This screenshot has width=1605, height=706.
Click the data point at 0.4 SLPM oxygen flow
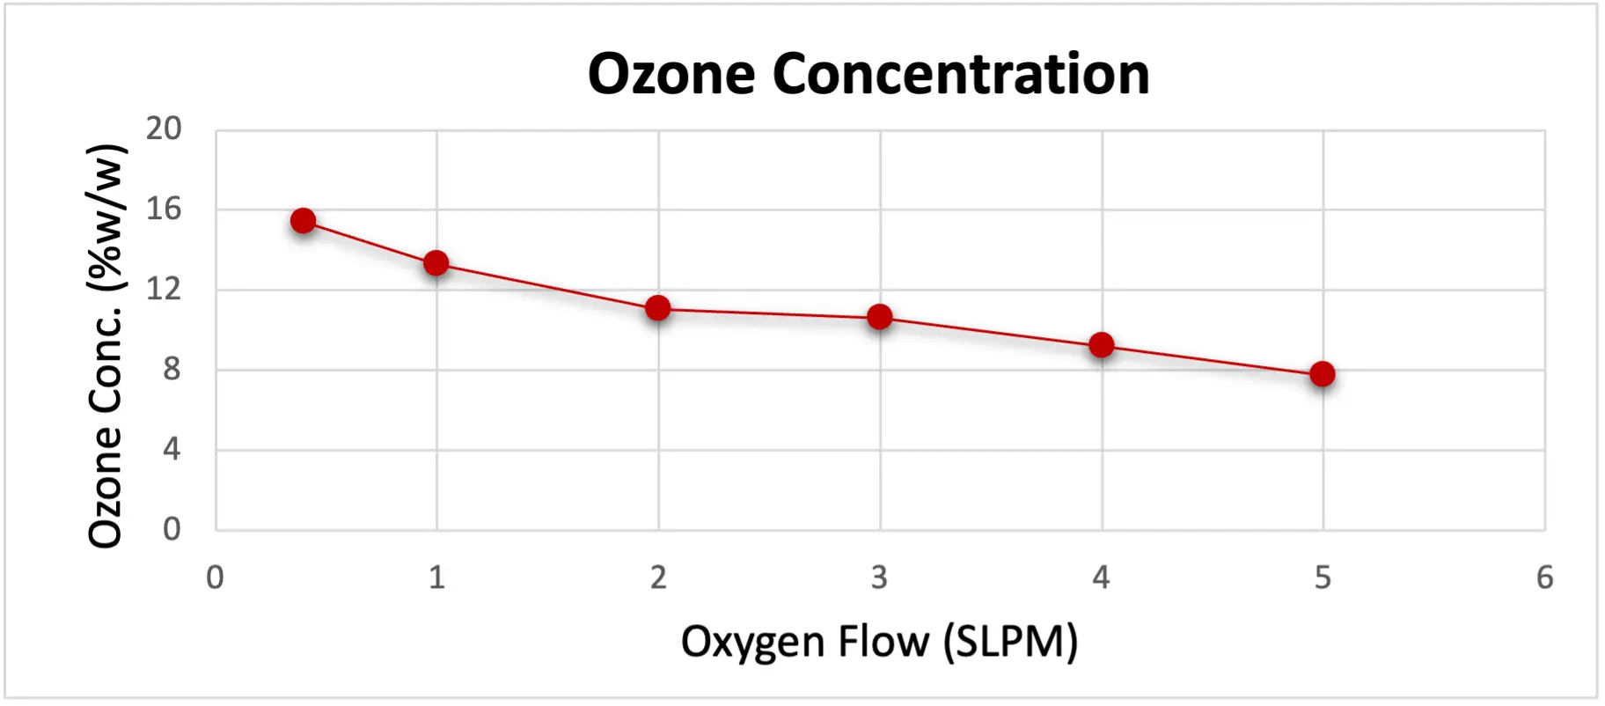[x=304, y=221]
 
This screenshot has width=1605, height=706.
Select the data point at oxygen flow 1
[x=436, y=263]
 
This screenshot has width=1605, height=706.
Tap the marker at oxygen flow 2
[x=658, y=308]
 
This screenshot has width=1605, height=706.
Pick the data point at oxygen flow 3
[x=880, y=317]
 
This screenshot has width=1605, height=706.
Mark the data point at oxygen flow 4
[x=1102, y=345]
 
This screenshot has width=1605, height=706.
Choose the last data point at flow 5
[x=1323, y=374]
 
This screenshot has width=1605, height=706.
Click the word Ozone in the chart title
[x=671, y=74]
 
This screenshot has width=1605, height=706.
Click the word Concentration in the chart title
[x=961, y=74]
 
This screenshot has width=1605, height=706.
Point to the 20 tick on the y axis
[x=164, y=129]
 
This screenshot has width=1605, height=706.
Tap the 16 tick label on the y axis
[x=164, y=210]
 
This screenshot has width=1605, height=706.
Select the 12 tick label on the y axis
[x=164, y=290]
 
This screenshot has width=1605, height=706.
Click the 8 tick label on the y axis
[x=172, y=370]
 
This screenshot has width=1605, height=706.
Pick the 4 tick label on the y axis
[x=172, y=450]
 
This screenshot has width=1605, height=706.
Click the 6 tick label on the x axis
[x=1545, y=578]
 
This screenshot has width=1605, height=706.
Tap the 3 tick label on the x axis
[x=880, y=578]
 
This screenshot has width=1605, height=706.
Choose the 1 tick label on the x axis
[x=436, y=578]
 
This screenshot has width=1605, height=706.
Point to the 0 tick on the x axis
[x=216, y=578]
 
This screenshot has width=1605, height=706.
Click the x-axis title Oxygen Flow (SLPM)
[x=879, y=641]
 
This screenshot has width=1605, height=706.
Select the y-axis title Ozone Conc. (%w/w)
[x=106, y=345]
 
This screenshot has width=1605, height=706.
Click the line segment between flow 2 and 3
[x=769, y=313]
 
